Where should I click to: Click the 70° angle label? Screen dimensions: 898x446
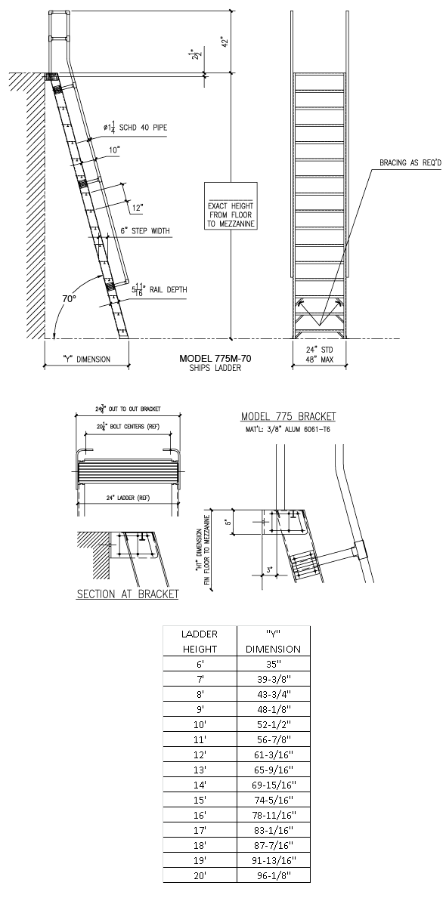coord(70,299)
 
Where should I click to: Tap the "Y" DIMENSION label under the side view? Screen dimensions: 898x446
coord(86,359)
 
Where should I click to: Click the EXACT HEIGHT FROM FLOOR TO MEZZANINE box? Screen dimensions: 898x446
coord(231,205)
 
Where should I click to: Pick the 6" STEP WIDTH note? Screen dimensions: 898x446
coord(145,231)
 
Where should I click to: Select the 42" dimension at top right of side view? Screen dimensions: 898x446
coord(224,42)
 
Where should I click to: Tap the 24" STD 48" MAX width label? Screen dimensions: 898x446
coord(320,354)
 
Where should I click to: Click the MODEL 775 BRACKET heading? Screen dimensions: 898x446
coord(288,416)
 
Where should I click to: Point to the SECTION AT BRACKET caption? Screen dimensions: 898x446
coord(128,594)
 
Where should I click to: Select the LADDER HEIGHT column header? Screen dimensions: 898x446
coord(200,641)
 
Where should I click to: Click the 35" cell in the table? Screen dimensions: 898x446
coord(273,665)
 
